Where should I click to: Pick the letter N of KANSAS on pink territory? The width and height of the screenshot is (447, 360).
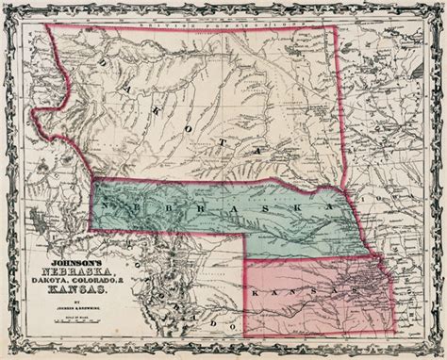coord(300,298)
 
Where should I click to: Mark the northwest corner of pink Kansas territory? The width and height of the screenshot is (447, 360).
coord(247,255)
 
